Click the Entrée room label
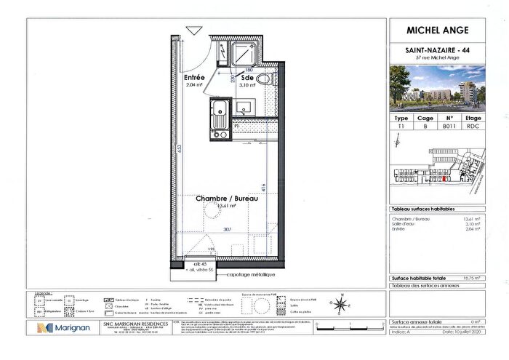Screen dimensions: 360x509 click(194, 77)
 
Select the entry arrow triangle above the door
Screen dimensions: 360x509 click(193, 31)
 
